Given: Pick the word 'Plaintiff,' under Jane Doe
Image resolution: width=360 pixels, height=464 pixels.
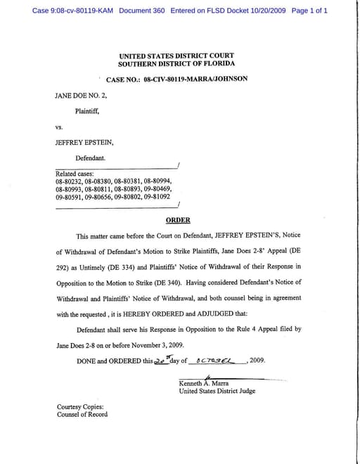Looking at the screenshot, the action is tap(88, 110).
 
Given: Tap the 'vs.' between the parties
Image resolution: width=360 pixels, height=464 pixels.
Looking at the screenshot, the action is tap(60, 127).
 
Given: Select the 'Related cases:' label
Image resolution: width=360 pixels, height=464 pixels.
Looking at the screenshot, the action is tap(75, 174).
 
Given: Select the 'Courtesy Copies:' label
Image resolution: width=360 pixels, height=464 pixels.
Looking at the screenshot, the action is tap(81, 407).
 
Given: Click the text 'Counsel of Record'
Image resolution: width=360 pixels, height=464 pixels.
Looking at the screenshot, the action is tap(82, 415).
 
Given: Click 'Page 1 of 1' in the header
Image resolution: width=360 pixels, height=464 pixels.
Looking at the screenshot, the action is tap(309, 11).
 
